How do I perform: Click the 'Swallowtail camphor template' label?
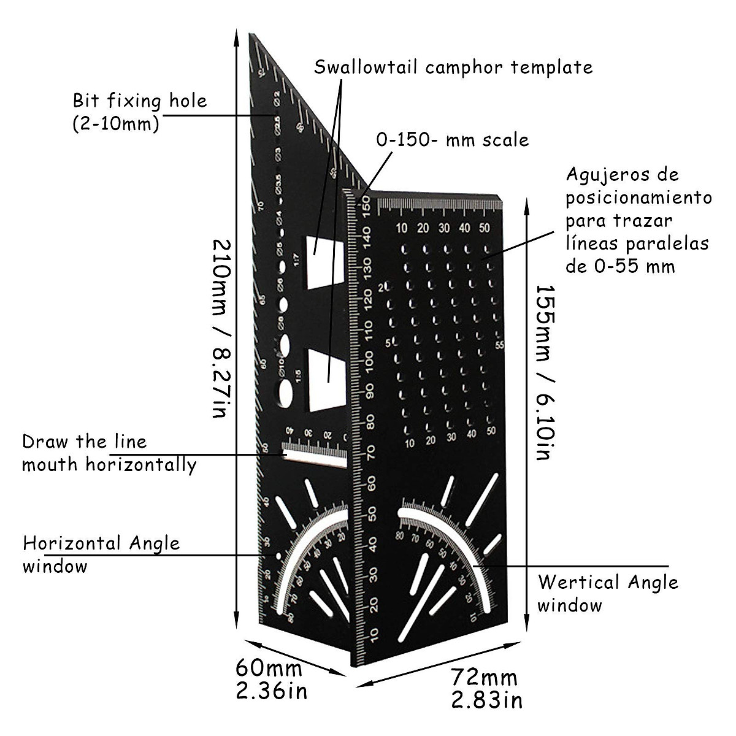453,67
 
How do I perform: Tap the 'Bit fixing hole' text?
140,101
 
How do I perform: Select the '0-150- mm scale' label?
452,140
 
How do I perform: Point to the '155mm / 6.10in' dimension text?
545,372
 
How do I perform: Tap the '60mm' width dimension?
269,669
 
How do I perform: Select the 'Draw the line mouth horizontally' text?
109,453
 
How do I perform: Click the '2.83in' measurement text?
486,699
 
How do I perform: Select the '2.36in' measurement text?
271,691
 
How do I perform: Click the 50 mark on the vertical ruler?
372,515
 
